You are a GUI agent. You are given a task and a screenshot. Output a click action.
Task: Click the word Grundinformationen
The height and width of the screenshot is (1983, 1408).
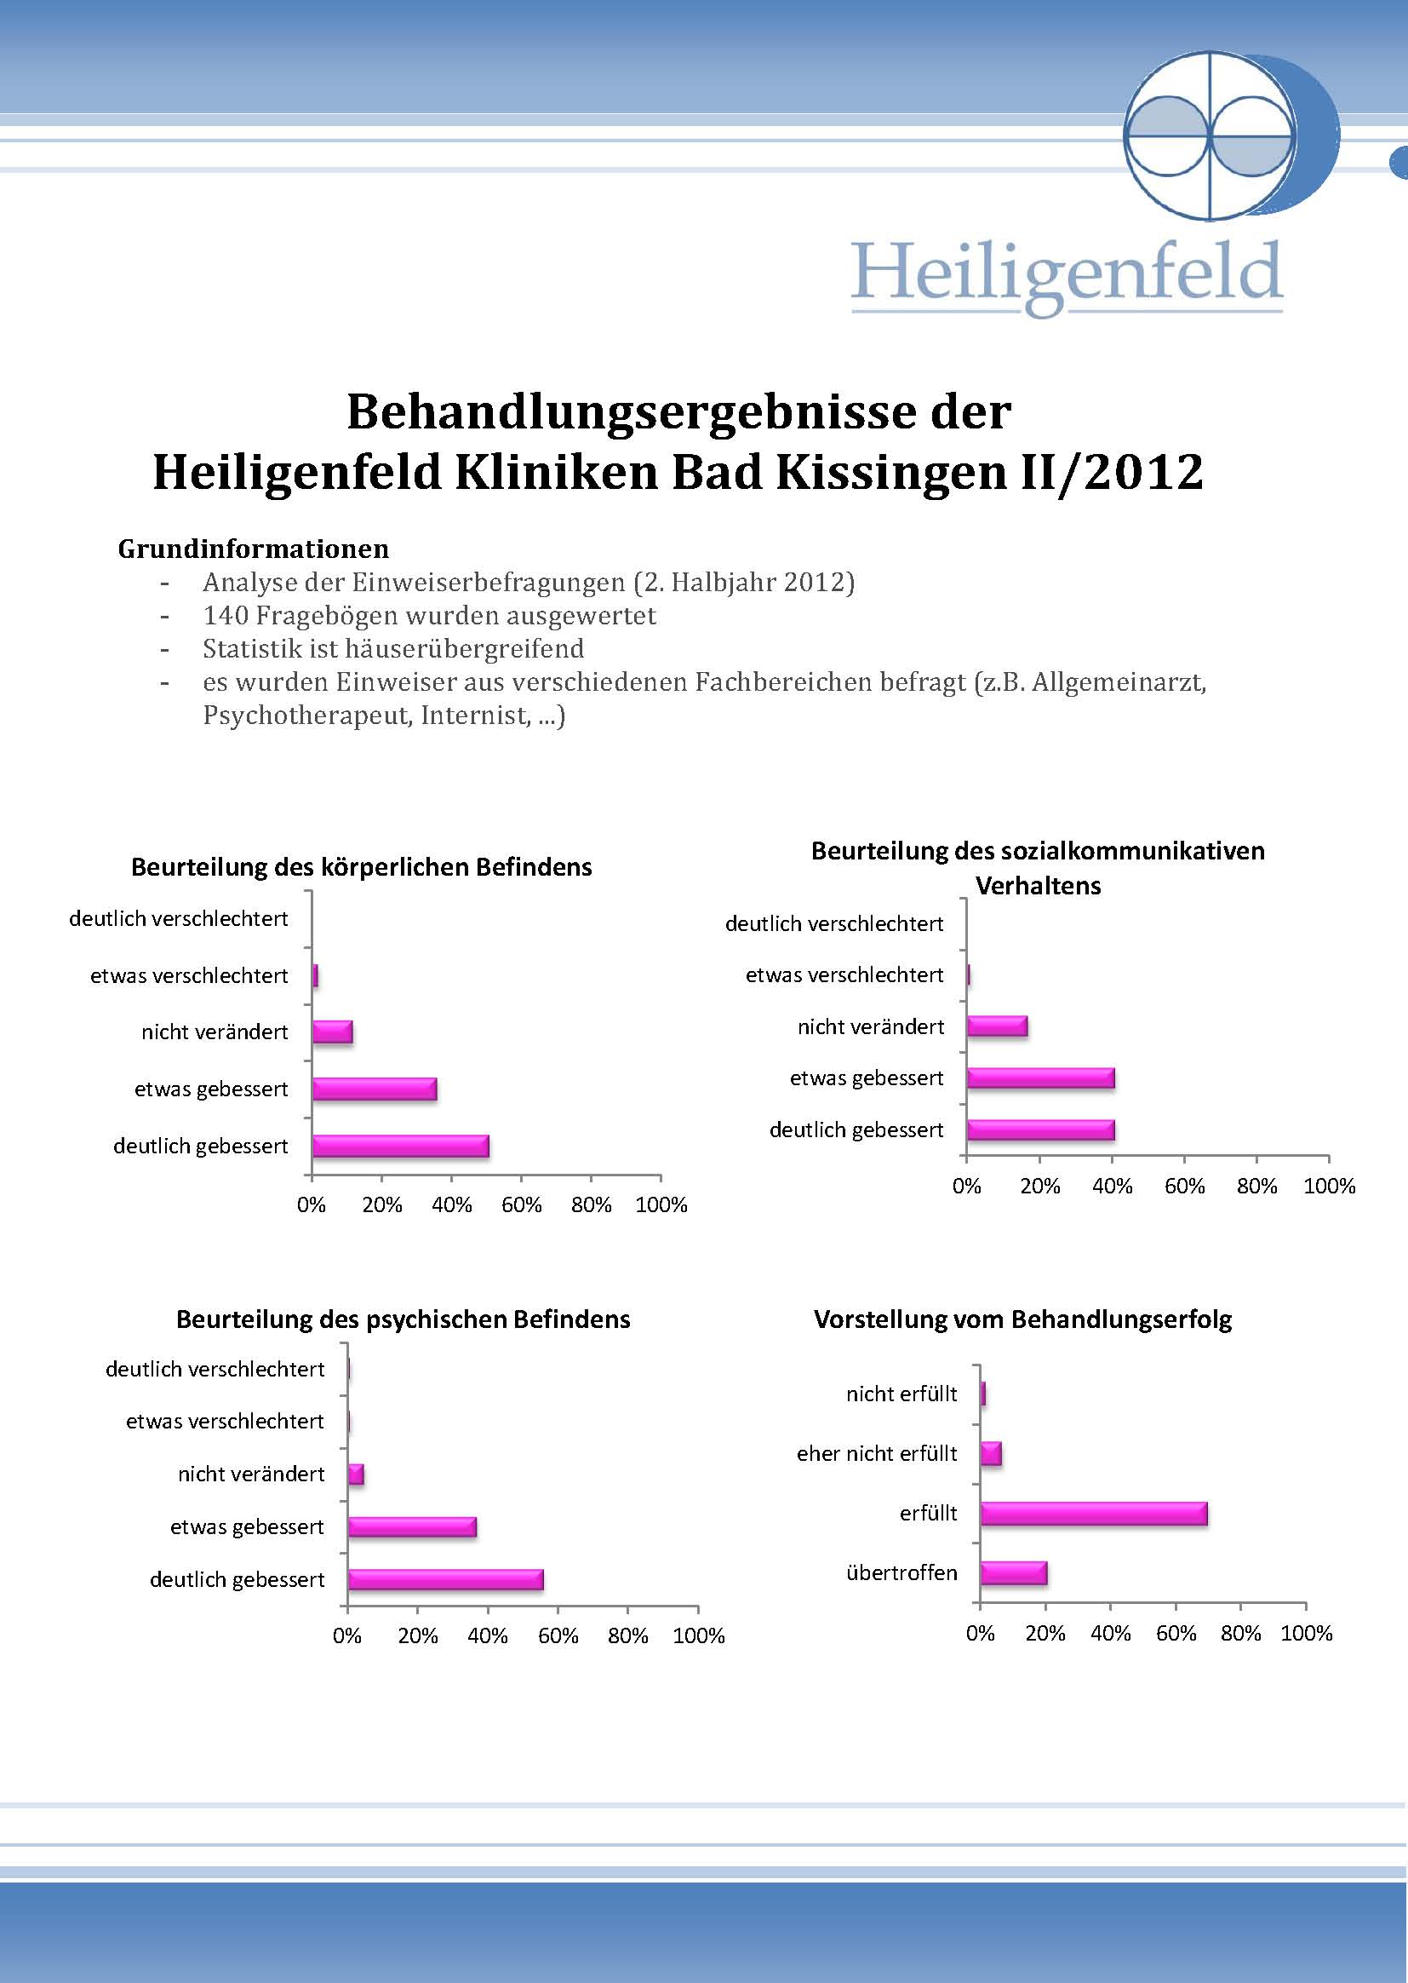253,549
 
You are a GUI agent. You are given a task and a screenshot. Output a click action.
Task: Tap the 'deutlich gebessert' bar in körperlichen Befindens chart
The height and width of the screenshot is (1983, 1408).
401,1146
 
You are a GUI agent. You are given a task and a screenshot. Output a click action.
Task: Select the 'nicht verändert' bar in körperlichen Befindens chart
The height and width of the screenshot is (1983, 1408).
332,1032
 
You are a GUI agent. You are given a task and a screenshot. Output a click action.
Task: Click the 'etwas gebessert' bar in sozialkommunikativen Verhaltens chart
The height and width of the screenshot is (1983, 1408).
1040,1078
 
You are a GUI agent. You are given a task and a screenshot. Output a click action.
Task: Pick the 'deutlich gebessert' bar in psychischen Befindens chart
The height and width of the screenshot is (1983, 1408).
445,1579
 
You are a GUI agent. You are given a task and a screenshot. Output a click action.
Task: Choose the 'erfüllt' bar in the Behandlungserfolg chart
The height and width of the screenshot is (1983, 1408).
1094,1514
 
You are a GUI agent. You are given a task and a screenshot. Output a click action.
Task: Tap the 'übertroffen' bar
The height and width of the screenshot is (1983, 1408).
1015,1572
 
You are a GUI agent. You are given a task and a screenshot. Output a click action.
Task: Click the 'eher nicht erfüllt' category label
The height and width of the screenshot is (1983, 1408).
877,1454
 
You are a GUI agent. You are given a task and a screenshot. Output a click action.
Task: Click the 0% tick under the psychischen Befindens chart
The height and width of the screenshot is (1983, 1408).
346,1636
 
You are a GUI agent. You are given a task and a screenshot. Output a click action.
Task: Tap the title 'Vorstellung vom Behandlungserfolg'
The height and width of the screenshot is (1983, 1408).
1023,1319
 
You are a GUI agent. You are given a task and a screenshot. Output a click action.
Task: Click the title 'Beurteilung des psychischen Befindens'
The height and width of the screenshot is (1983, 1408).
404,1319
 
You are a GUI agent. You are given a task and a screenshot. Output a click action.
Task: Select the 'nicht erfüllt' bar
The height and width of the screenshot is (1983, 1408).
983,1394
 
